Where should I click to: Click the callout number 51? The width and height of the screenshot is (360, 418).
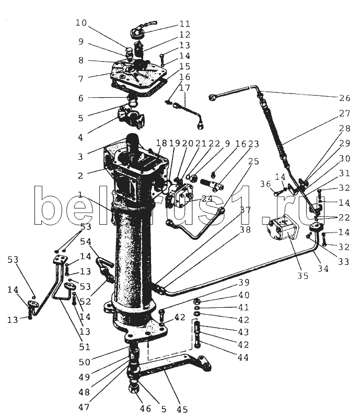84,346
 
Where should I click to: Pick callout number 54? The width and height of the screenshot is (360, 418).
86,242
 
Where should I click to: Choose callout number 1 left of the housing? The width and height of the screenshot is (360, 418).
80,195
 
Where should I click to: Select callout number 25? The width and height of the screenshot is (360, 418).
253,162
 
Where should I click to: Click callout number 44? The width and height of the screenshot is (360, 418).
242,358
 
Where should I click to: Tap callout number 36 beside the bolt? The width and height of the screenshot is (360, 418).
265,183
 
